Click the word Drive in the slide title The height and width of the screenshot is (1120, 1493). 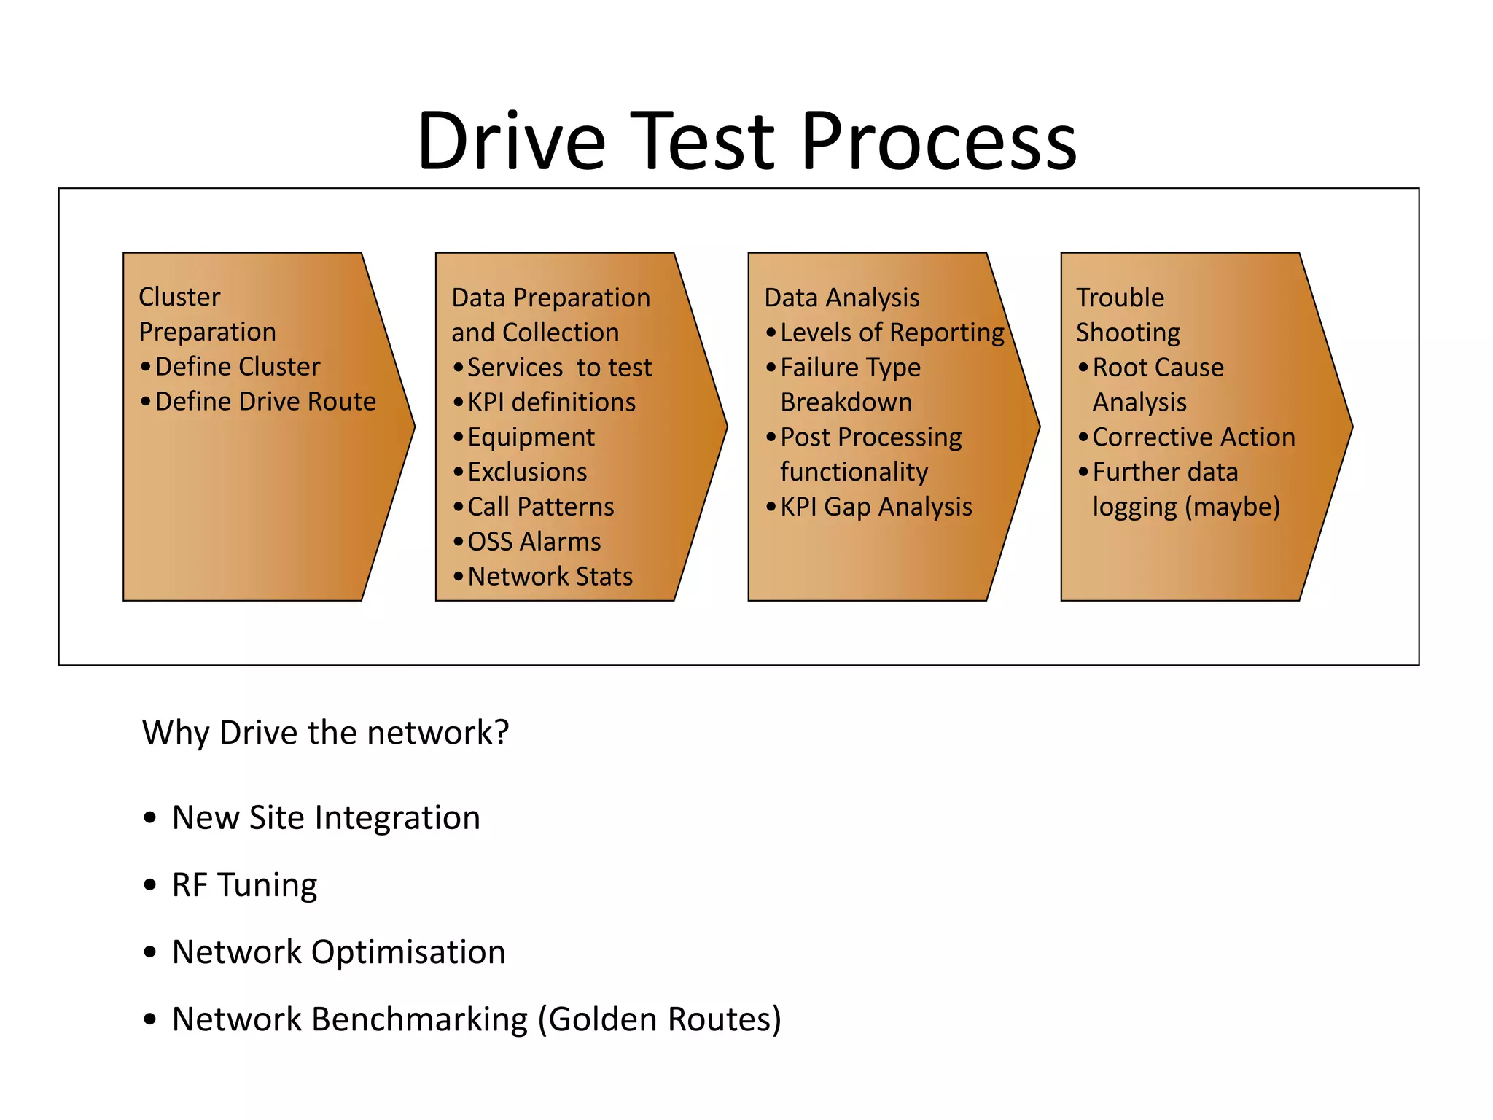(511, 141)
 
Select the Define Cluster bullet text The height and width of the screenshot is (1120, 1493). (238, 367)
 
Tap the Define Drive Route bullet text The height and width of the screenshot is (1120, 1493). (265, 402)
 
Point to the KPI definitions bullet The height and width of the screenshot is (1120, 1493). (551, 402)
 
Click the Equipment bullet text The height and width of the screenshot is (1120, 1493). (531, 437)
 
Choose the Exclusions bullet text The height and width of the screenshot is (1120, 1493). (527, 472)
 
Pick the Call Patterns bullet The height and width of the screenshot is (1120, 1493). (541, 507)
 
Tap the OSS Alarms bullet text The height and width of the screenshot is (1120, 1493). (534, 542)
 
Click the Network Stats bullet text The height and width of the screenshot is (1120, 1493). (550, 577)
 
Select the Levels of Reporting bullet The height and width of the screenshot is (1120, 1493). (892, 333)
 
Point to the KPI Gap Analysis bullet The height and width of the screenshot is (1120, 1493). (876, 507)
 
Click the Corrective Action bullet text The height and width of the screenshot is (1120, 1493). (1193, 437)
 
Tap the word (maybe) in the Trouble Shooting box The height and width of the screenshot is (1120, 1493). (1233, 507)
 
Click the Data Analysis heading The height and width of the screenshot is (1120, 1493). (842, 297)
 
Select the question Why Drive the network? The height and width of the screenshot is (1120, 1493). (325, 733)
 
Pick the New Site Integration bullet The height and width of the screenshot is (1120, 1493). (326, 818)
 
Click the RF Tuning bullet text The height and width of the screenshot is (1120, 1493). (244, 885)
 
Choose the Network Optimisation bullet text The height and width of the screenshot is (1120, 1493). (338, 952)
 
